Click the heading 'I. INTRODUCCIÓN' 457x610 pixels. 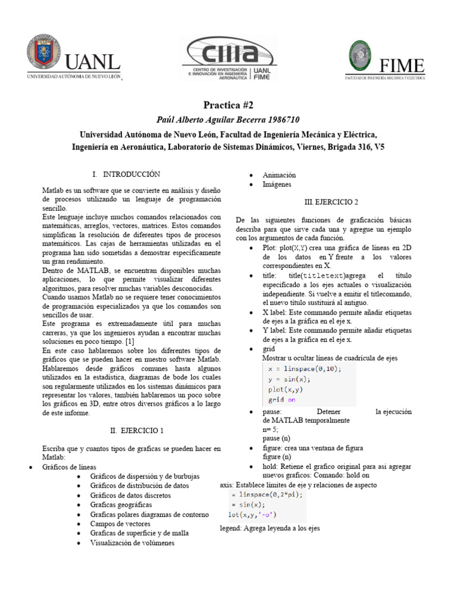[x=127, y=174]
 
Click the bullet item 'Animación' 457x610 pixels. [x=279, y=175]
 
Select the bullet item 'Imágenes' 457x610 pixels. [x=277, y=185]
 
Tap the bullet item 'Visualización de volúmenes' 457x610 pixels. [x=133, y=543]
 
